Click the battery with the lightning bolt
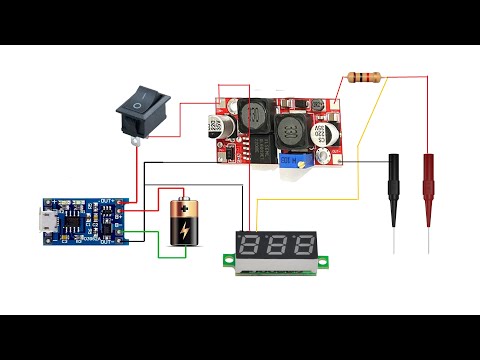coord(186,224)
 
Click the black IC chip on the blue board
coord(78,218)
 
